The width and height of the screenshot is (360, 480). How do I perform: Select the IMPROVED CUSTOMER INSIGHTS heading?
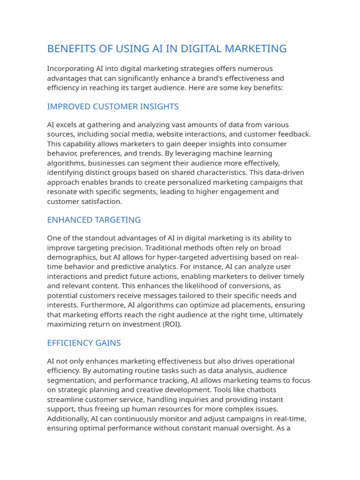(113, 106)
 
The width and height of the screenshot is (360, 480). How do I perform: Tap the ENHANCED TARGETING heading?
(94, 220)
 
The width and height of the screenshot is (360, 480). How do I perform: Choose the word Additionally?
(68, 419)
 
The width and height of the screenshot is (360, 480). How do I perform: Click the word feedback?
(293, 135)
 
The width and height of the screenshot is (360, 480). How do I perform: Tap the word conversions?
(249, 286)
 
